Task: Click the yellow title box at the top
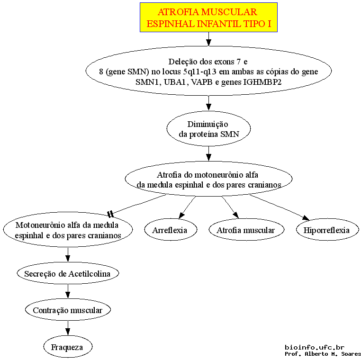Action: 208,17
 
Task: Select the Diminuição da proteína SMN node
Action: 208,128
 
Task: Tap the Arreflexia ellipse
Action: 171,230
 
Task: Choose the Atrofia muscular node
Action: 246,230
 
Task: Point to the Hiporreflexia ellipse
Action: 327,230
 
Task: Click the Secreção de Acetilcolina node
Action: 68,273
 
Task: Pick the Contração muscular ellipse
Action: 68,310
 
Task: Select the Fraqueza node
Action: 68,346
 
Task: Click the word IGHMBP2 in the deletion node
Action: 262,82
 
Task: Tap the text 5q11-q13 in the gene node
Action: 199,72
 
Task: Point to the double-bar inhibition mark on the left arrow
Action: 110,214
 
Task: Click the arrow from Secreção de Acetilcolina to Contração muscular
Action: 68,291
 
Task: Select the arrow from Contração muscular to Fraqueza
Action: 68,328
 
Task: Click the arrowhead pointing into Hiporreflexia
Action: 306,218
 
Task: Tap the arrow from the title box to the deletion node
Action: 208,39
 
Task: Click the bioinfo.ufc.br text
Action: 315,347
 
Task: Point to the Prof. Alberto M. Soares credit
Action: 323,354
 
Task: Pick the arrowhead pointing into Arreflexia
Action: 181,216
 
